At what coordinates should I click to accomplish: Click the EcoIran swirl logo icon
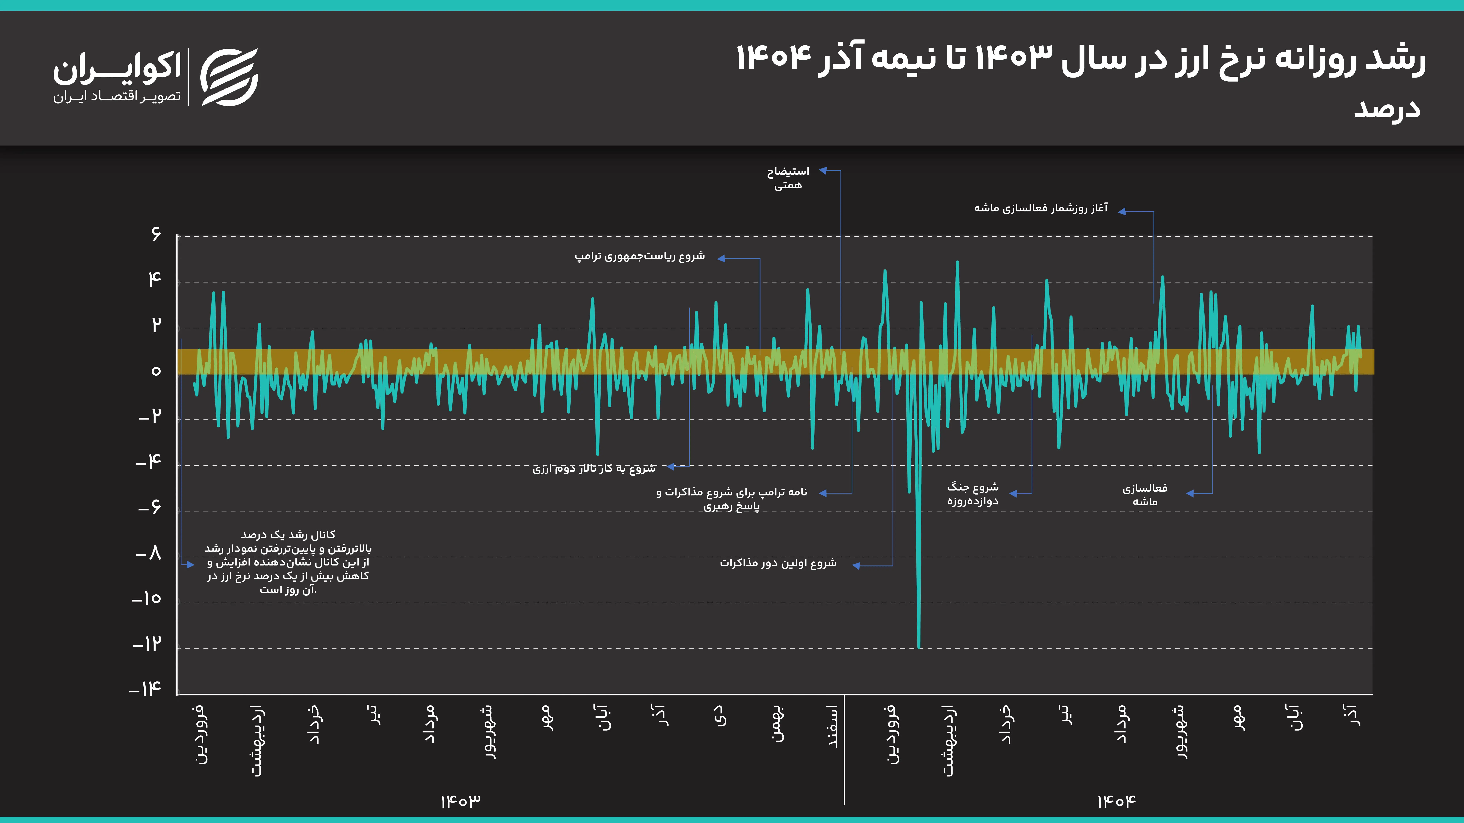[229, 77]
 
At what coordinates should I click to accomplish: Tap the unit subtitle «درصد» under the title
[1387, 108]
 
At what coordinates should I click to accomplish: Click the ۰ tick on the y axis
[156, 371]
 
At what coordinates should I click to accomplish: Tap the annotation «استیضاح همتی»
[788, 178]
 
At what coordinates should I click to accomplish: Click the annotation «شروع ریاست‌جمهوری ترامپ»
[639, 256]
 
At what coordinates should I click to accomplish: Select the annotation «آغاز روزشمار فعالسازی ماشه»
[1041, 208]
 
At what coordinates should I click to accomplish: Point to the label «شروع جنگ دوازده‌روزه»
[972, 494]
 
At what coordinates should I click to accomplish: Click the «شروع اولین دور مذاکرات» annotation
[778, 563]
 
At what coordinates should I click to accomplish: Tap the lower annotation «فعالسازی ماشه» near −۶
[1145, 495]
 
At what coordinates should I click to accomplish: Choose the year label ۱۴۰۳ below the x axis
[460, 801]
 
